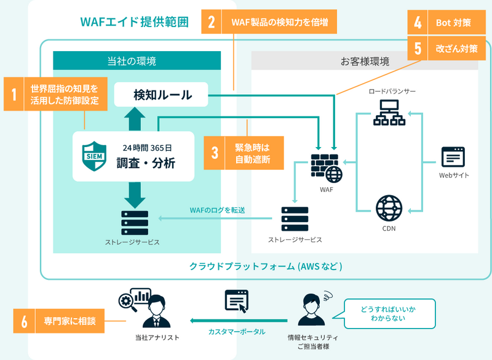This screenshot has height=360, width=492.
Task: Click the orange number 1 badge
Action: [x=13, y=94]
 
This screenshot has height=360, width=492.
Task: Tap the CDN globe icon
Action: [x=389, y=208]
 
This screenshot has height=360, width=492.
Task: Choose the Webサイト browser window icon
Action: [x=454, y=158]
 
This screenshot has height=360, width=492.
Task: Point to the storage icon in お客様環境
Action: [x=295, y=218]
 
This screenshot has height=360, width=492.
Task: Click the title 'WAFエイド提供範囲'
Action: [x=134, y=23]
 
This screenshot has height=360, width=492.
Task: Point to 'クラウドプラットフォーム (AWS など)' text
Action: [x=265, y=266]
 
